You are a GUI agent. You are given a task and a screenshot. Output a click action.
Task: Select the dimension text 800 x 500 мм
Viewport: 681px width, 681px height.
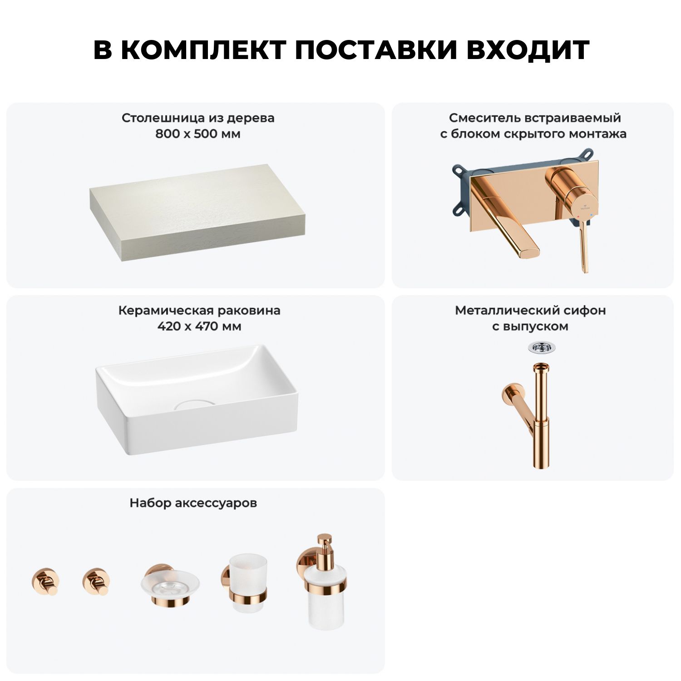[198, 134]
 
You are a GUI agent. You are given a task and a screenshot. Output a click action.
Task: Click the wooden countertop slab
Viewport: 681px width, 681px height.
[197, 212]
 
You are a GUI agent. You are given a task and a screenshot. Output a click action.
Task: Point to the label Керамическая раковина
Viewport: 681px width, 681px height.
[199, 311]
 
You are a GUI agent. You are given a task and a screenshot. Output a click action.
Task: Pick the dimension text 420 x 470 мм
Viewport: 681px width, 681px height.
[199, 326]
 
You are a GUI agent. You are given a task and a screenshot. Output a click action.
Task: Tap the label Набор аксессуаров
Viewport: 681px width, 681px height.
[193, 503]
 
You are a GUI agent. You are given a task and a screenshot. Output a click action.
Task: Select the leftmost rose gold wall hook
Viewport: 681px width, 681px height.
[45, 581]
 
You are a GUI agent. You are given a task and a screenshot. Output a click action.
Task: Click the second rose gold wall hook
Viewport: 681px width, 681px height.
[96, 581]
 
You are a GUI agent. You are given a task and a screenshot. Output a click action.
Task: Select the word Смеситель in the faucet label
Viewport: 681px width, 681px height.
[485, 118]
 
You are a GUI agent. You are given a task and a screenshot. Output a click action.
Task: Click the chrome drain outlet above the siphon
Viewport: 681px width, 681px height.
[542, 348]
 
